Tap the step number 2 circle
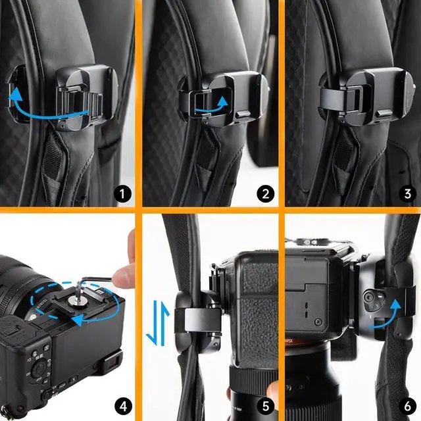click(266, 193)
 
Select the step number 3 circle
click(407, 193)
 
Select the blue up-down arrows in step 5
click(152, 322)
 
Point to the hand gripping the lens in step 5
click(270, 395)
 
